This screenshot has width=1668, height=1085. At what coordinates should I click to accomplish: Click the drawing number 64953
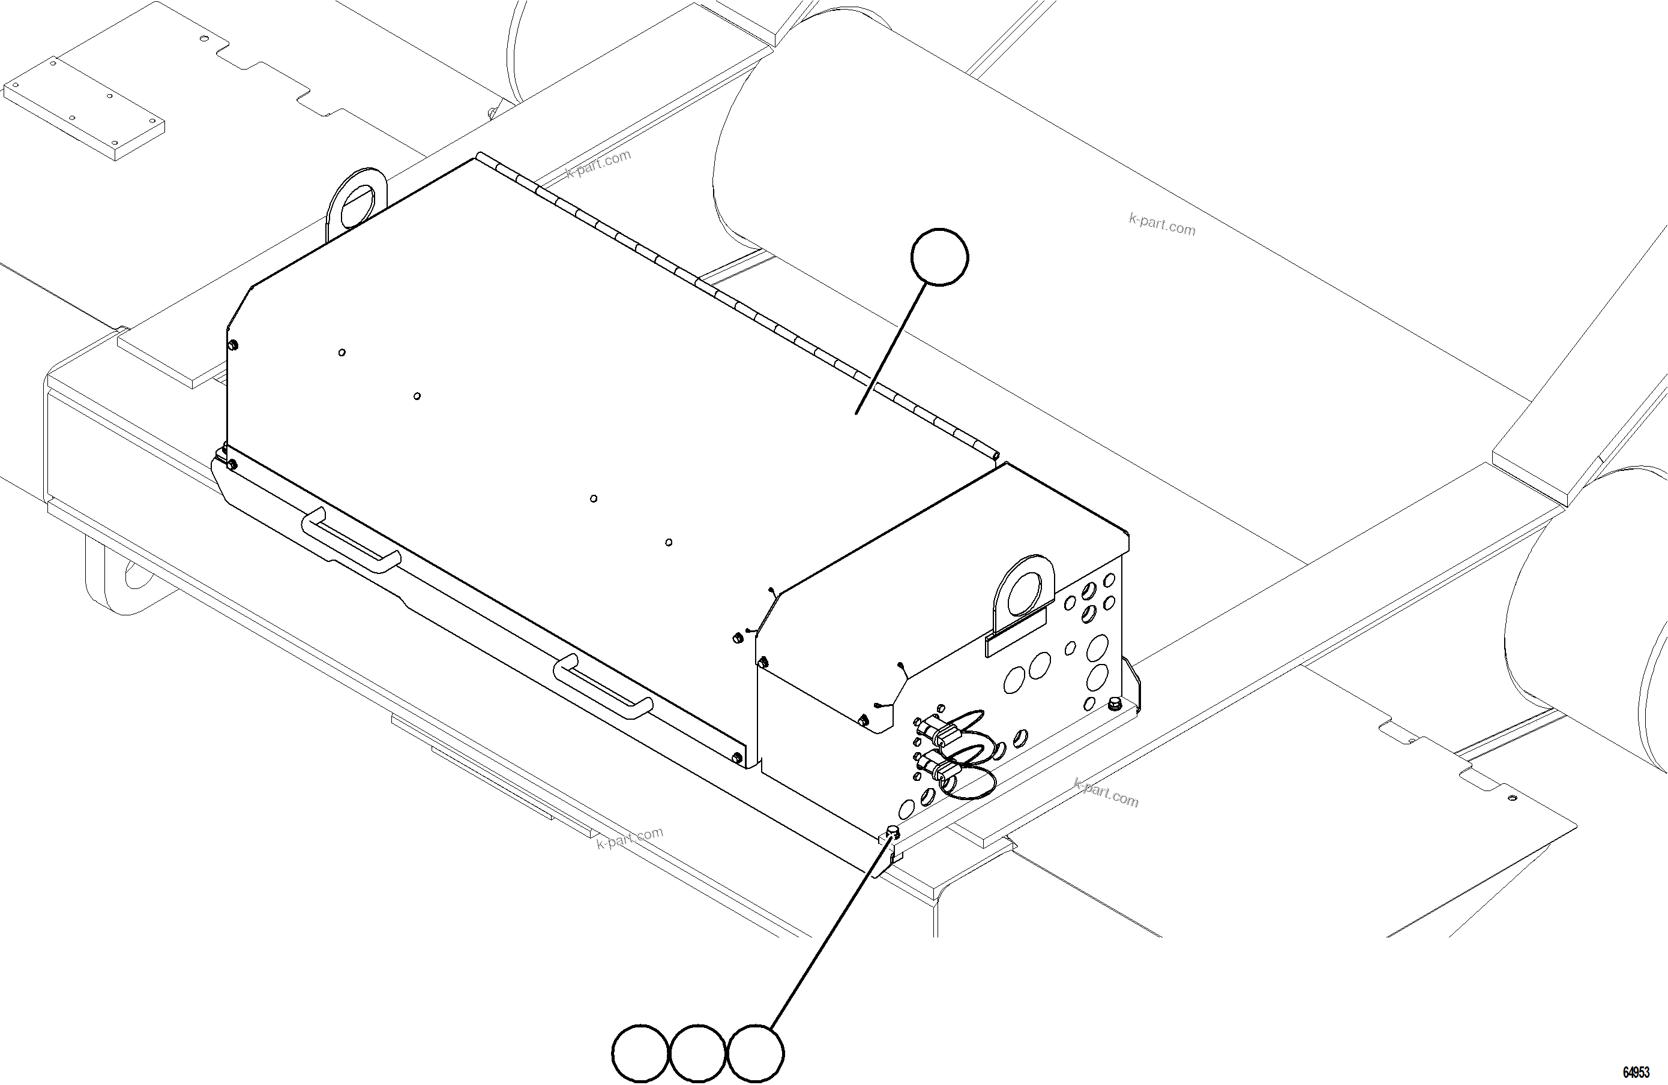(x=1636, y=1072)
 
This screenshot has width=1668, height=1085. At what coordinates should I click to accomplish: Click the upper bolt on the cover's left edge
(x=233, y=345)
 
